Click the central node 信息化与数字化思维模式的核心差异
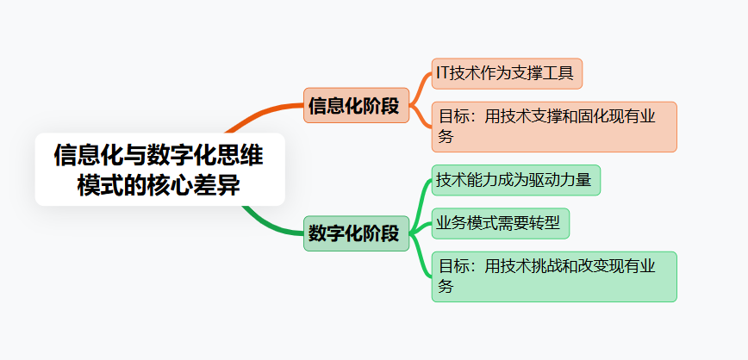(159, 170)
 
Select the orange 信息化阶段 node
(355, 106)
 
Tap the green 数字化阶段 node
(355, 233)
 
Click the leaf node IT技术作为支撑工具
(507, 73)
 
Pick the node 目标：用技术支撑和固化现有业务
(553, 126)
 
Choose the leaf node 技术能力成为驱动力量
(515, 180)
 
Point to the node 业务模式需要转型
(501, 224)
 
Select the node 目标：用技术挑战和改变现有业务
(553, 276)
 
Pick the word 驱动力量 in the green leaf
(562, 180)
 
